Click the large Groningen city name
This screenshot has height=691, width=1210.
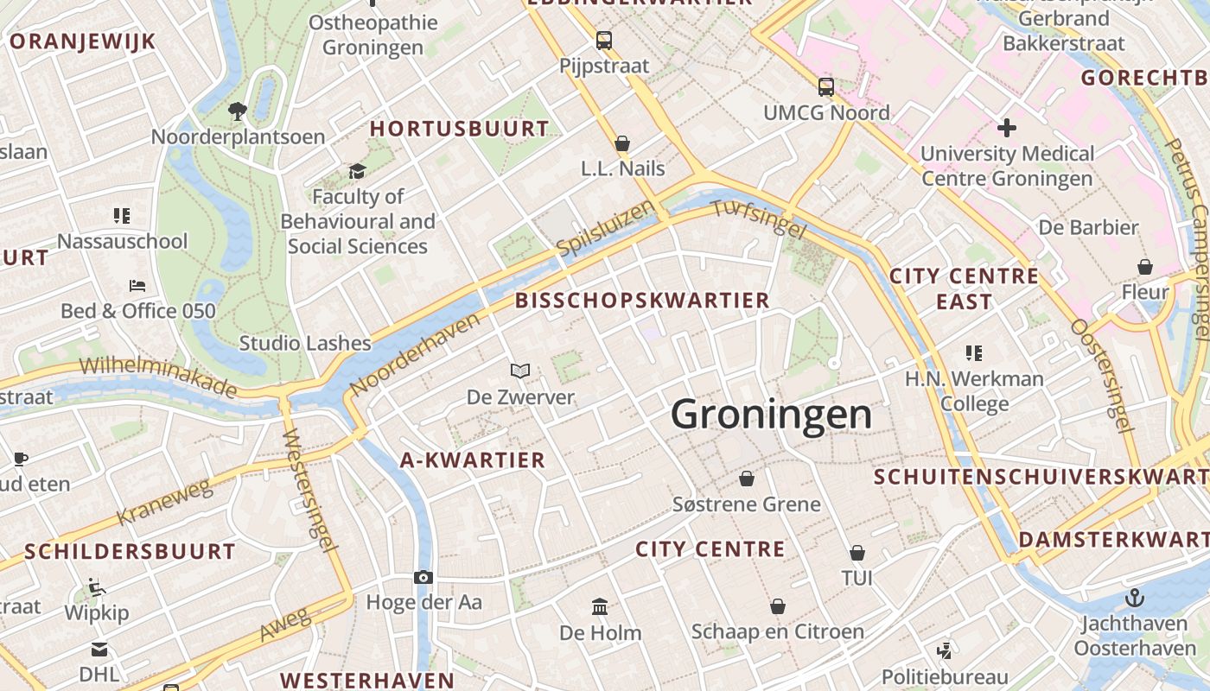coord(771,415)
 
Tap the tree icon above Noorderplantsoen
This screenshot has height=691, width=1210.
coord(238,111)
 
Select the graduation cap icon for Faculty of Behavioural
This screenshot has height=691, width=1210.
coord(358,171)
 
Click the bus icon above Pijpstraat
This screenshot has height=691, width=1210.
coord(603,40)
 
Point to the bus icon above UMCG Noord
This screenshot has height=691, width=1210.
coord(826,86)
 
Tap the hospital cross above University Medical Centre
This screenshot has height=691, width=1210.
coord(1007,128)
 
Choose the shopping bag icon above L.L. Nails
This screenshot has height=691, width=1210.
coord(622,143)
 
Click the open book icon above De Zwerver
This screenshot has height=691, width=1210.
coord(519,371)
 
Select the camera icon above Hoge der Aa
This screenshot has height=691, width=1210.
coord(423,577)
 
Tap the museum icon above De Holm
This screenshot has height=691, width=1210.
coord(600,606)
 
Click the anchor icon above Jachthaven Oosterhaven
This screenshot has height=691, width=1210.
coord(1134,597)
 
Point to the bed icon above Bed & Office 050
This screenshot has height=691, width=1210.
coord(137,285)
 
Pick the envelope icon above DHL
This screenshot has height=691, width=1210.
coord(99,649)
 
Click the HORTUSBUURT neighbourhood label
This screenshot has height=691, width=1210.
coord(460,129)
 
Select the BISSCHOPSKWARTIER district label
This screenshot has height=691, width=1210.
coord(642,301)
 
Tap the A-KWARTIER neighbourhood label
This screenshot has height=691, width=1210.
coord(473,460)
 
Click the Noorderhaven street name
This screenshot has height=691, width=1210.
coord(416,354)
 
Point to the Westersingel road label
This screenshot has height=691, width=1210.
coord(309,489)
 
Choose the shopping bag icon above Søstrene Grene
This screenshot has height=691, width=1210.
coord(747,478)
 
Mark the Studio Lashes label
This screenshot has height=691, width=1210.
coord(305,343)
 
